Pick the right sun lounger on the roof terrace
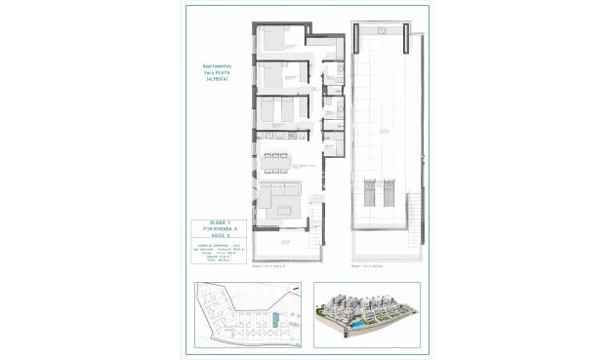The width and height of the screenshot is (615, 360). (x=388, y=189)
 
